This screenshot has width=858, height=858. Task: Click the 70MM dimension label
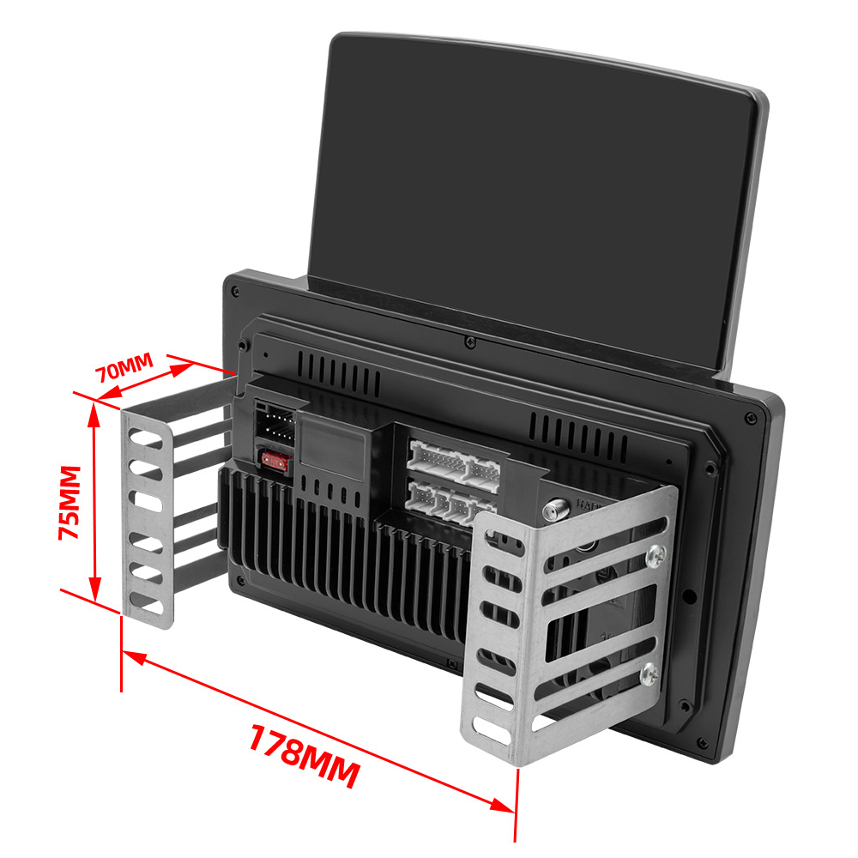124,367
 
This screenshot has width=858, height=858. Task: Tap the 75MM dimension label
70,502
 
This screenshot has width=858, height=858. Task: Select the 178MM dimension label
305,756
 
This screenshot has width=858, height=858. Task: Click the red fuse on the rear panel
275,461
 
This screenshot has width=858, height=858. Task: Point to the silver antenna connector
556,510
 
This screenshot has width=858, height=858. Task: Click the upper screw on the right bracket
656,557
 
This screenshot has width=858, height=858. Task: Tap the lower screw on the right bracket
650,674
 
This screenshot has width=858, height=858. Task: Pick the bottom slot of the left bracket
146,605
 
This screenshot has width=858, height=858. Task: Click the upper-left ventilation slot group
339,372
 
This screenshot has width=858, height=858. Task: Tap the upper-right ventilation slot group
578,437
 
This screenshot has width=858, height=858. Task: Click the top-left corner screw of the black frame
235,291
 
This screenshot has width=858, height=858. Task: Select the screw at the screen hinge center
469,342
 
